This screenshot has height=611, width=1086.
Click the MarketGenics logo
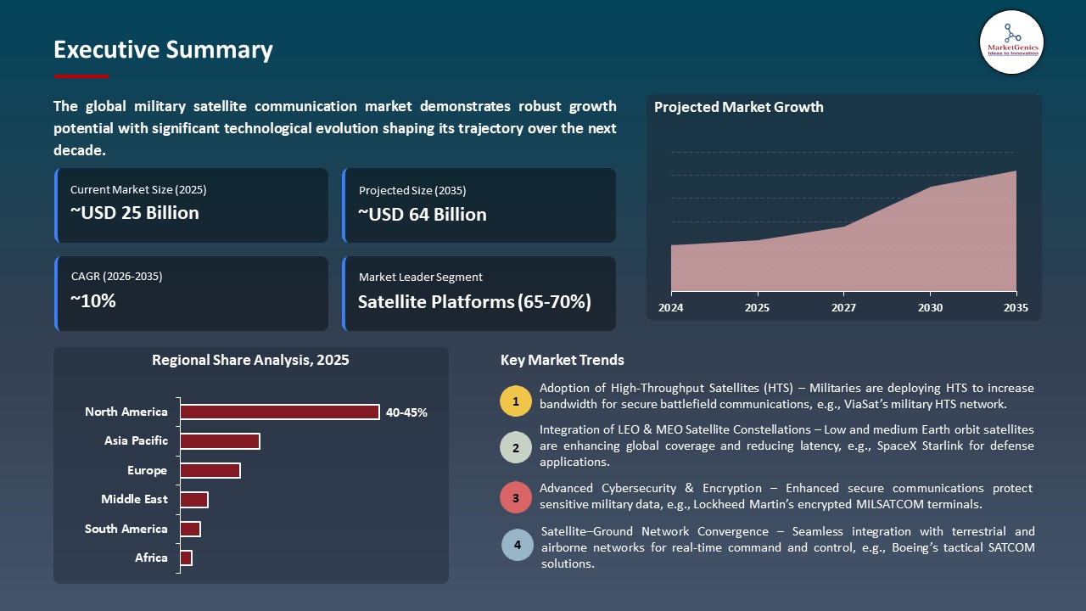click(x=1011, y=42)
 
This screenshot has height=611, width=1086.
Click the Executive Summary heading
click(x=163, y=50)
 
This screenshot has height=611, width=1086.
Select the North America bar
click(x=279, y=412)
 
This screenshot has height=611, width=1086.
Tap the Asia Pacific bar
click(x=220, y=441)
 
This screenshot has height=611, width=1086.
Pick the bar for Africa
click(x=186, y=558)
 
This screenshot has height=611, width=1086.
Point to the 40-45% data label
click(x=406, y=413)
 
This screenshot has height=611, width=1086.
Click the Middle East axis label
click(x=134, y=500)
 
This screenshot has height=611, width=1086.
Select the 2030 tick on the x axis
click(x=930, y=308)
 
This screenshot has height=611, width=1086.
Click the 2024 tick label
click(x=670, y=308)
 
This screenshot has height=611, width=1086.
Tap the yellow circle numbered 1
click(x=515, y=401)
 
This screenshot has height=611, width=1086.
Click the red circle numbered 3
click(x=515, y=497)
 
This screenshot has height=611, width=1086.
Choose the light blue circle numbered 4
click(x=517, y=545)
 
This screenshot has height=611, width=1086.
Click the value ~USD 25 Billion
click(x=134, y=213)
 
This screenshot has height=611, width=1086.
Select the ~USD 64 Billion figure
click(x=422, y=215)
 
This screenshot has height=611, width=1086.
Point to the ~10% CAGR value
click(x=93, y=301)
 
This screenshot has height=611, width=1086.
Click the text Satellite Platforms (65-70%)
click(x=473, y=302)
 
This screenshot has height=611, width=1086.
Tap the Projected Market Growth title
click(x=738, y=108)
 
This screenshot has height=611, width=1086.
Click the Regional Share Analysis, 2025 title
click(x=250, y=361)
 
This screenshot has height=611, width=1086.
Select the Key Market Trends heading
click(x=562, y=361)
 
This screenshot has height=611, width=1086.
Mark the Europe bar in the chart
click(x=210, y=471)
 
